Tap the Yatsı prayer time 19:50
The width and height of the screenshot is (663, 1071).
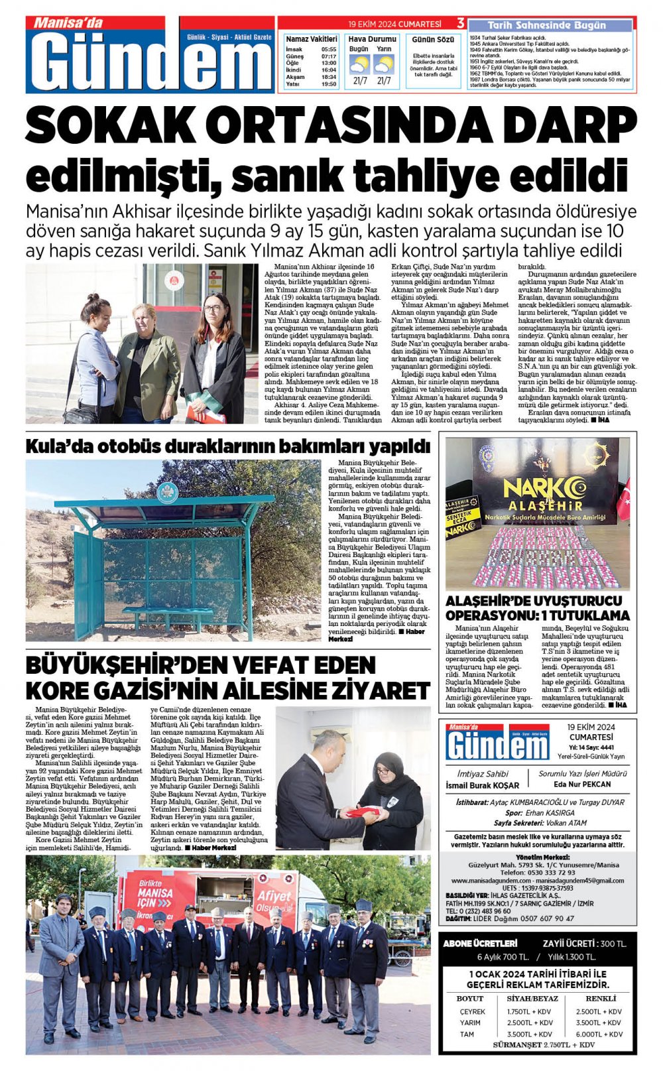(329, 85)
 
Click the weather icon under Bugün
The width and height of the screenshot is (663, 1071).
(359, 64)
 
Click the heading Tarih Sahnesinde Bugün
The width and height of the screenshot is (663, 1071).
(547, 25)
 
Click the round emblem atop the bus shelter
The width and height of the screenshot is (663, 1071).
(167, 491)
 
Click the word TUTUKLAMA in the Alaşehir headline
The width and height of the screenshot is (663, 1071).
(585, 615)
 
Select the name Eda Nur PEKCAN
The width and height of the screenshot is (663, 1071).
(582, 785)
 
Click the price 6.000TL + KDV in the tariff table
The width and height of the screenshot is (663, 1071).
(599, 1034)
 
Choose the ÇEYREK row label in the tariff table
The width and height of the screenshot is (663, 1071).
(472, 1011)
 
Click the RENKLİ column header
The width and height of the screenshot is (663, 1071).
(601, 998)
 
